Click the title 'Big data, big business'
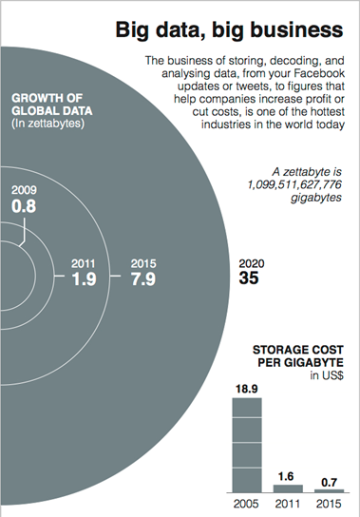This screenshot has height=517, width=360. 231,32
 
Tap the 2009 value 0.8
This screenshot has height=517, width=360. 24,204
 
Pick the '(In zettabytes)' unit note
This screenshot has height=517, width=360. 45,119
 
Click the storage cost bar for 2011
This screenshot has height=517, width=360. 287,488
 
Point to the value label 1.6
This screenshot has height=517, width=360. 287,475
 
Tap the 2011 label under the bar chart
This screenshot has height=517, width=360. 287,503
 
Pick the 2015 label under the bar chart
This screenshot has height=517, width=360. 327,503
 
